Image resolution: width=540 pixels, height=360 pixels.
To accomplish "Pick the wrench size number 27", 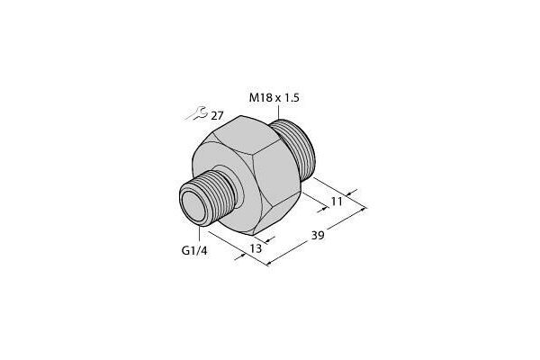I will pos(218,115).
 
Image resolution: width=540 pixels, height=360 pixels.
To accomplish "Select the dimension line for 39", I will pos(315,238).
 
